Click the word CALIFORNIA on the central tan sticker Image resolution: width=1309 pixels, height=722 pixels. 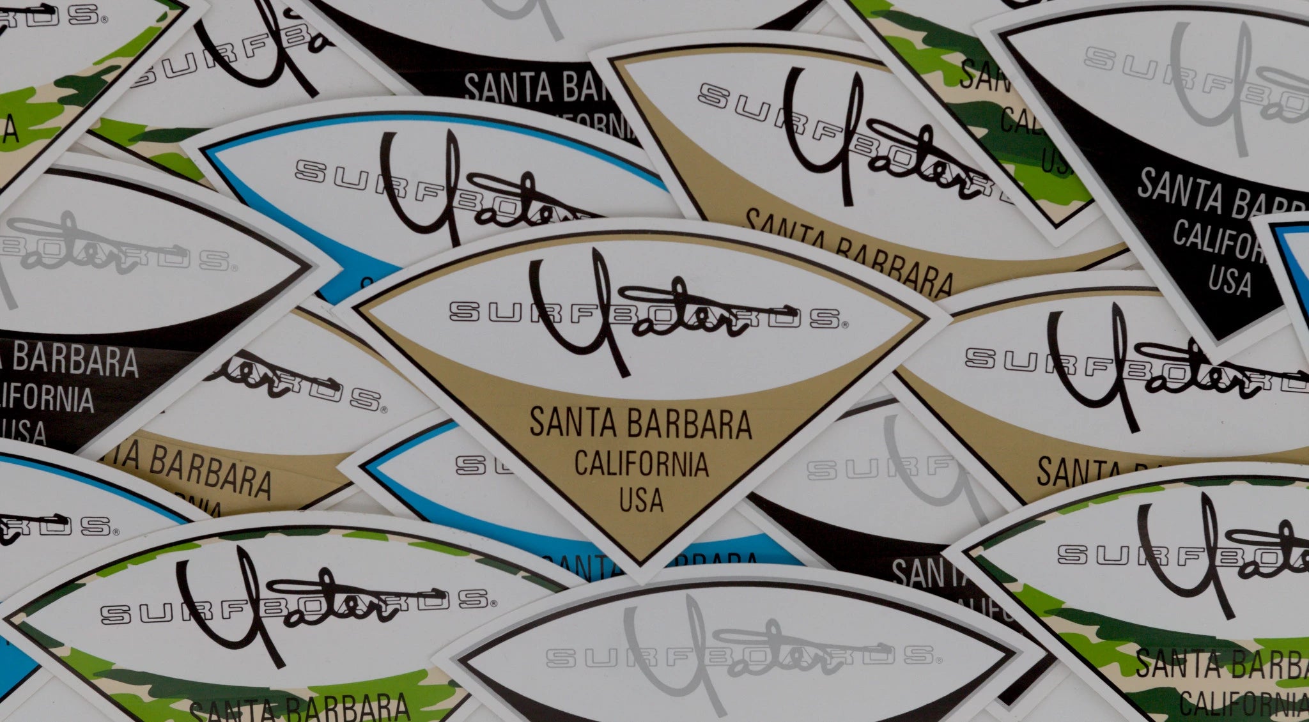pos(641,465)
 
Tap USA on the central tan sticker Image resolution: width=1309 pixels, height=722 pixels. pos(641,500)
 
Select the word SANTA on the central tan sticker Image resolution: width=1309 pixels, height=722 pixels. pos(573,424)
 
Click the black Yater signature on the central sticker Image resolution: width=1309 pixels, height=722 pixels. pos(614,313)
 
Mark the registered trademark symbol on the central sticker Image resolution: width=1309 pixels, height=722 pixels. pos(845,325)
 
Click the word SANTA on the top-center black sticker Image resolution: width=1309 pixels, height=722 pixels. pos(508,88)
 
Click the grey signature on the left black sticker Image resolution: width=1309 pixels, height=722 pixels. pos(70,246)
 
